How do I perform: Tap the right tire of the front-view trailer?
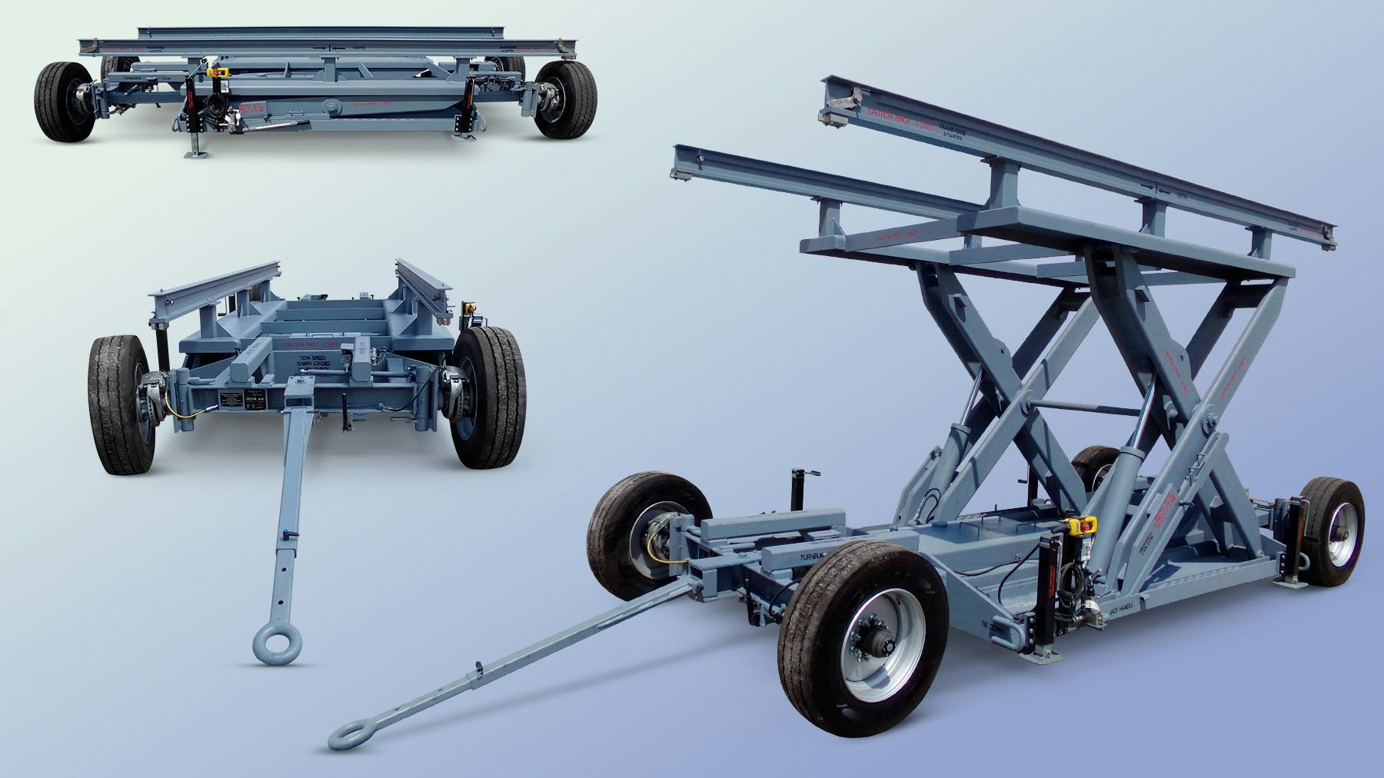pyautogui.click(x=489, y=397)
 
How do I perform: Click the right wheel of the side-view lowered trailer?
pyautogui.click(x=566, y=100)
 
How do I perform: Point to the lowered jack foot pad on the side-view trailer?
pyautogui.click(x=195, y=154)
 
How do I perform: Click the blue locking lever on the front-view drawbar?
pyautogui.click(x=295, y=535)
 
